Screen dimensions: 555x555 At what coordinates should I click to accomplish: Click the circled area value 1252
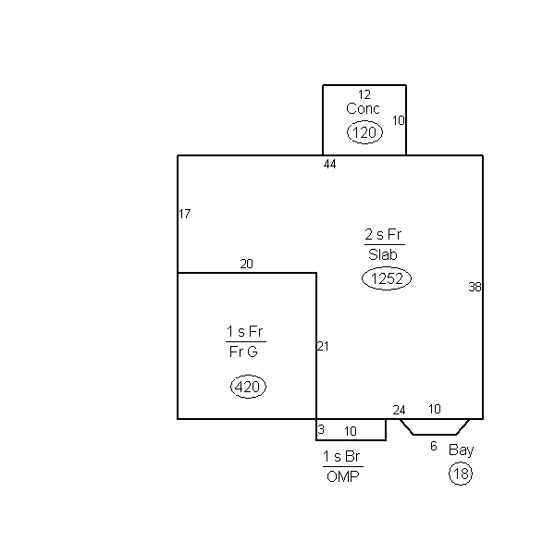click(x=387, y=278)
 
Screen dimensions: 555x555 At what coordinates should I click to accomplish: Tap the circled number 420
click(x=248, y=387)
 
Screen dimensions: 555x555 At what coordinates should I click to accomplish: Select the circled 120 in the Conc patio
click(x=364, y=132)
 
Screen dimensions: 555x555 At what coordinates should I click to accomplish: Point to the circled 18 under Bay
click(x=461, y=474)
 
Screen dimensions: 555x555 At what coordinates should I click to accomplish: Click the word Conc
click(x=363, y=108)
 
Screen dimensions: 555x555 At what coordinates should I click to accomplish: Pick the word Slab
click(x=383, y=255)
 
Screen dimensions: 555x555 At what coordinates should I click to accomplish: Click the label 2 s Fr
click(x=383, y=234)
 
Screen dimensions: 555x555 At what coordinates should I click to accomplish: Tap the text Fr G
click(x=243, y=351)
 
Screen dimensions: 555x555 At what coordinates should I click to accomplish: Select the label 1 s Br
click(x=341, y=457)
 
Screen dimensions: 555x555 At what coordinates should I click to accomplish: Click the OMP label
click(x=342, y=476)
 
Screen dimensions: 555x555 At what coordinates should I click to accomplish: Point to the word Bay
click(x=461, y=450)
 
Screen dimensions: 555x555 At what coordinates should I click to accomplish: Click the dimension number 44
click(x=330, y=165)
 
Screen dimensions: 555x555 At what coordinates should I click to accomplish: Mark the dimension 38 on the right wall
click(x=475, y=287)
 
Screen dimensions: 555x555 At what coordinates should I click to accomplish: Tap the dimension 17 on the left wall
click(x=185, y=214)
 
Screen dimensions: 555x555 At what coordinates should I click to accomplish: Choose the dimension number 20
click(x=246, y=264)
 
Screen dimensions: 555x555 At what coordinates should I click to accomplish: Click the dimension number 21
click(x=323, y=346)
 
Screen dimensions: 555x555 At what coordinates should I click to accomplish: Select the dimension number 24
click(x=399, y=410)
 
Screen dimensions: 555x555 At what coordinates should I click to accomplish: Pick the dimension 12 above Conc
click(x=364, y=95)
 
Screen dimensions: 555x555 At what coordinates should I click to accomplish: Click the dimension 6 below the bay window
click(x=434, y=446)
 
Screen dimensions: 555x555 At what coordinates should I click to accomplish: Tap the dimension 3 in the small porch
click(x=321, y=429)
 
